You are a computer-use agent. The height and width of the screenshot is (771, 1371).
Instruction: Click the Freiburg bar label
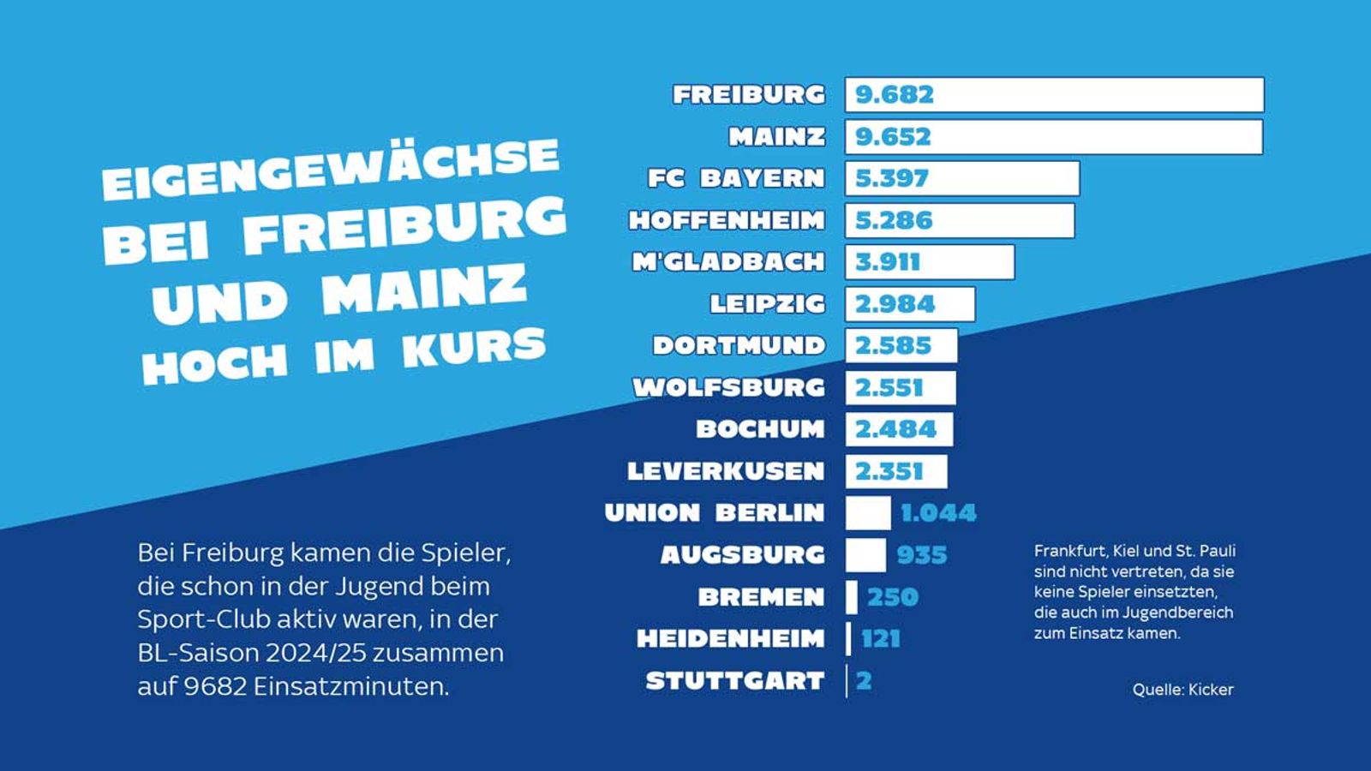point(749,94)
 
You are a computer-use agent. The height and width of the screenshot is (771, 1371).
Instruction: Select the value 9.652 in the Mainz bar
point(893,137)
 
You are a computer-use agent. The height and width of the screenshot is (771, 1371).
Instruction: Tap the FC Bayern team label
point(736,178)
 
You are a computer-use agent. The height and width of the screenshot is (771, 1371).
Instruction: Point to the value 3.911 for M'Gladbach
point(887,262)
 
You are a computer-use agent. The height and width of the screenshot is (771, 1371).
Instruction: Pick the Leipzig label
point(768,304)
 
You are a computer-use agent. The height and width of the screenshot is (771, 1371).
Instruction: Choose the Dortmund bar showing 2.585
point(901,346)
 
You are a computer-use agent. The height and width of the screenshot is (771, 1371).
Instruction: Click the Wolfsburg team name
point(729,387)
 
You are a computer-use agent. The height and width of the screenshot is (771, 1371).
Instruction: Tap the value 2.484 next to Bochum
point(895,429)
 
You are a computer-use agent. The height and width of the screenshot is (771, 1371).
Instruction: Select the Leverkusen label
point(726,471)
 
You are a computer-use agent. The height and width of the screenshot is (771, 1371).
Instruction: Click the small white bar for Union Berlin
point(868,513)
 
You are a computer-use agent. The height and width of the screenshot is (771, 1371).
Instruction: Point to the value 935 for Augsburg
point(922,555)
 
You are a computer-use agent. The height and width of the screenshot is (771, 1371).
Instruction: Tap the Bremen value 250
point(893,597)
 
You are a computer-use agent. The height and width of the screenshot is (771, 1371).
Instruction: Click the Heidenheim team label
point(731,639)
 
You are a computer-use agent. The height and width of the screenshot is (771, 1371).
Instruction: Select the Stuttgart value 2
point(864,681)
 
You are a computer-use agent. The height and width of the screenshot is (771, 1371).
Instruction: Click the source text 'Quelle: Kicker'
point(1182,690)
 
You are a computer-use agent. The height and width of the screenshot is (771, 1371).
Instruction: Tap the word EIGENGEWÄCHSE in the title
point(331,170)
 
